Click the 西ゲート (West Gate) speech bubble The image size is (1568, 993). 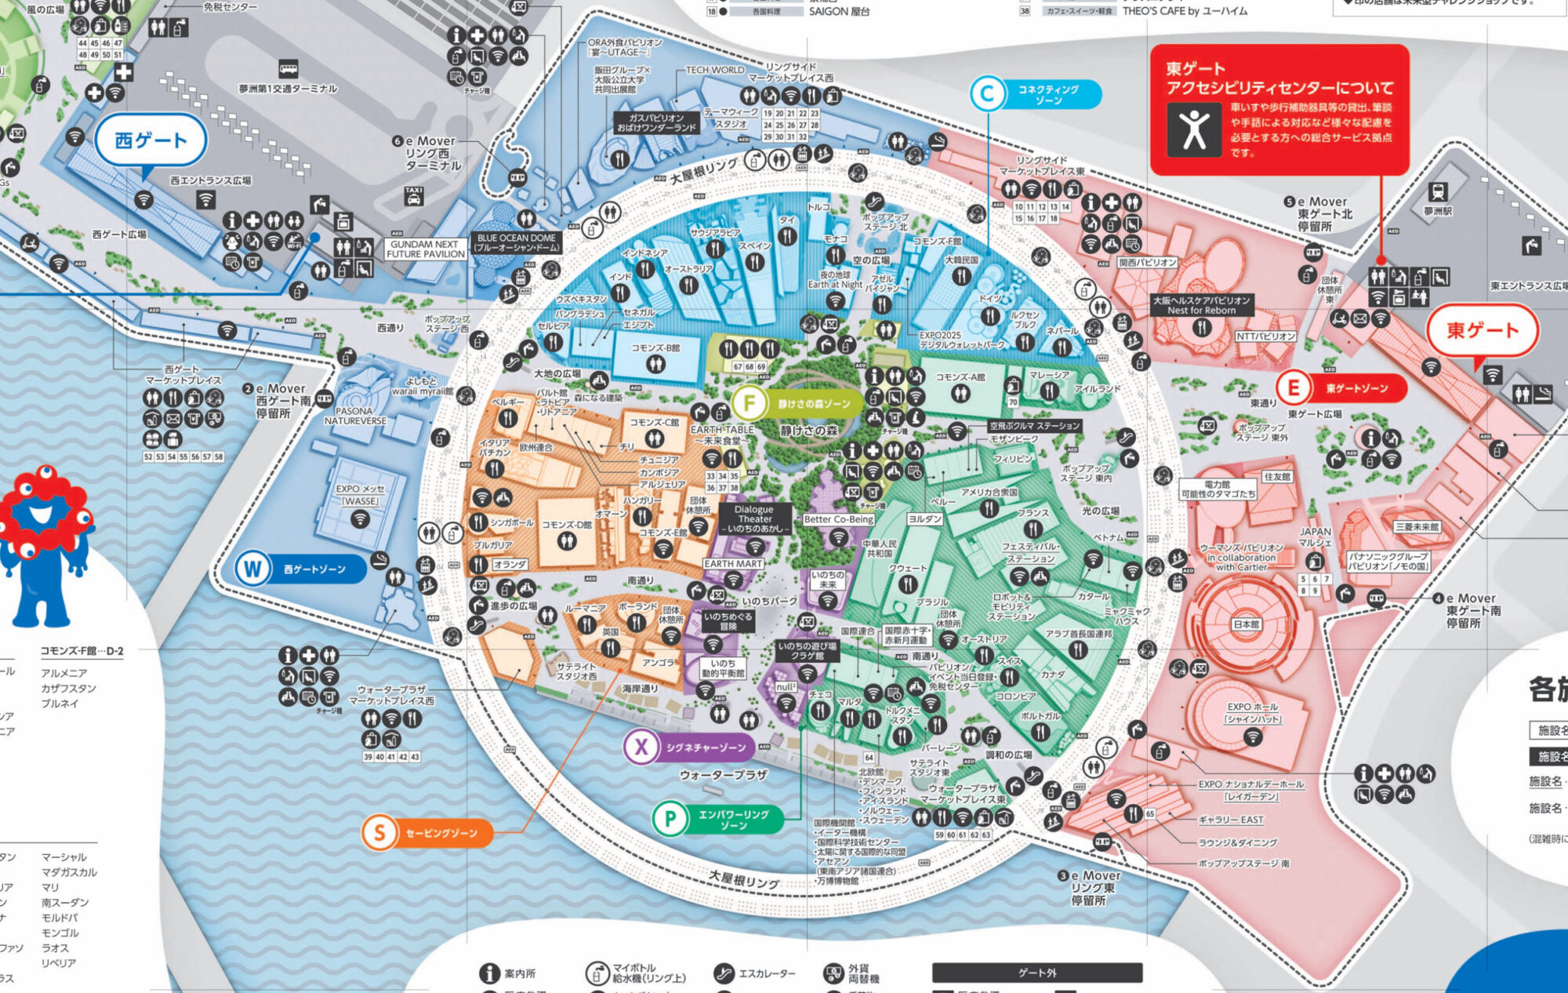coord(151,141)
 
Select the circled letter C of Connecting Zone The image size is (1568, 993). coord(987,94)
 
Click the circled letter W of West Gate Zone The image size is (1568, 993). coord(252,569)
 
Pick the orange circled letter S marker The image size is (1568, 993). coord(379,832)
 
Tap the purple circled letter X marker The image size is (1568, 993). coord(641,747)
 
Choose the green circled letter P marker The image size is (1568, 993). coord(670,819)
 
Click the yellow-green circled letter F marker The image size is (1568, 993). coord(750,403)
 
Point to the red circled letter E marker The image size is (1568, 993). coord(1294,387)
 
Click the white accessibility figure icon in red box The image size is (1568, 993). coord(1194,129)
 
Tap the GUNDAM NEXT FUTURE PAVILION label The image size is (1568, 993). coord(426,249)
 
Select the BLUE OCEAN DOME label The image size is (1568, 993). coord(516,242)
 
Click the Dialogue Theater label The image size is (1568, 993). coord(754,518)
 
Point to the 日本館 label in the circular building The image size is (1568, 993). coord(1246,624)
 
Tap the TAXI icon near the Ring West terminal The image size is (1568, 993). coord(414,195)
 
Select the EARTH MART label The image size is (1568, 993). coord(732,563)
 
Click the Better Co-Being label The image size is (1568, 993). coord(838,519)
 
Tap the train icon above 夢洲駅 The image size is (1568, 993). coord(1438,191)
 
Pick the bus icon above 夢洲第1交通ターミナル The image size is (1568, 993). coord(288,69)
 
